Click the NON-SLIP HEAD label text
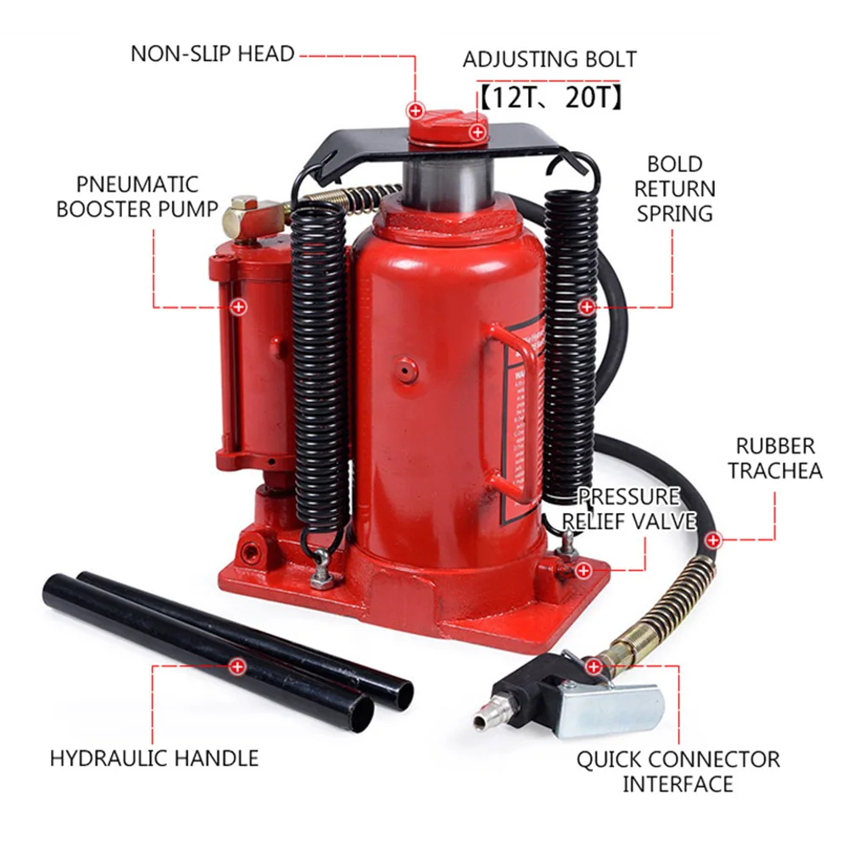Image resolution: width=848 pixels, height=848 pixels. click(x=212, y=54)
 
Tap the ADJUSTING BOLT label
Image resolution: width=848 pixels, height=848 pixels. click(x=549, y=60)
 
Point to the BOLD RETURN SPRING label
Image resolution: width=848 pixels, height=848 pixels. click(x=674, y=188)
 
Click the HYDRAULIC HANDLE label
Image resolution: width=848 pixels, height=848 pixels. click(x=153, y=757)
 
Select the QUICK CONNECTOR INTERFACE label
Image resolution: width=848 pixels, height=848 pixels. click(x=678, y=771)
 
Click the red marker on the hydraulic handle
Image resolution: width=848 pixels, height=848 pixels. click(x=237, y=667)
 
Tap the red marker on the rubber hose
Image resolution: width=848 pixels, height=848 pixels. click(x=713, y=538)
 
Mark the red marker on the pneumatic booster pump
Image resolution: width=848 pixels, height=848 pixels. click(x=238, y=307)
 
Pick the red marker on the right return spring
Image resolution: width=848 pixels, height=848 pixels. click(x=586, y=307)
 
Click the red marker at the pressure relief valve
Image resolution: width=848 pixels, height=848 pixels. click(x=583, y=571)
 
